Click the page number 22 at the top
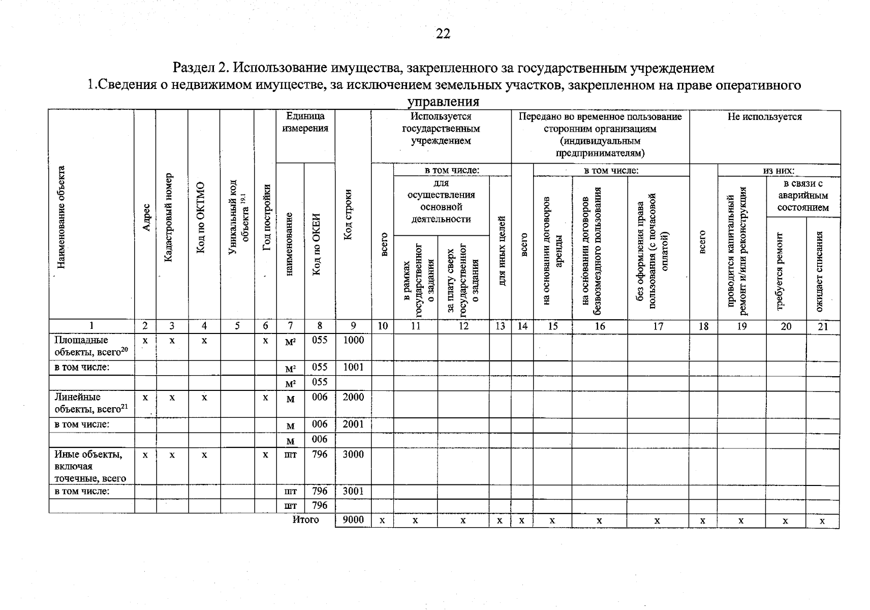[443, 34]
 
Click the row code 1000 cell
[353, 341]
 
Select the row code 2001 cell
[353, 424]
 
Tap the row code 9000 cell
[353, 520]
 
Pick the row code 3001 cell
[353, 492]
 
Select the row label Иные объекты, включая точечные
[90, 466]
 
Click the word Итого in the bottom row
[305, 520]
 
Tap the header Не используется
[764, 117]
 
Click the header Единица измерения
[305, 123]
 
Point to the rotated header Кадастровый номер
[170, 218]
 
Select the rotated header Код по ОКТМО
[201, 218]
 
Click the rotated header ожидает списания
[820, 271]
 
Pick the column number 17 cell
[658, 327]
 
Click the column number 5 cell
[237, 327]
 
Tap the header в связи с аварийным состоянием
[802, 196]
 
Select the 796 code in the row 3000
[320, 455]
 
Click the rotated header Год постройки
[266, 218]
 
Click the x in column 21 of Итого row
[822, 521]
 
